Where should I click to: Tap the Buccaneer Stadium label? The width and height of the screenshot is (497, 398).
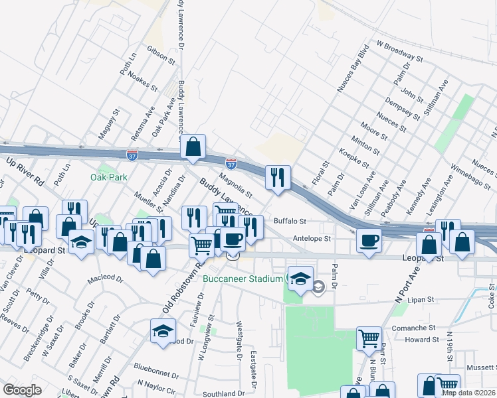pyautogui.click(x=243, y=279)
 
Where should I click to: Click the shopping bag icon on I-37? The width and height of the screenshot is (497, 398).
pyautogui.click(x=193, y=147)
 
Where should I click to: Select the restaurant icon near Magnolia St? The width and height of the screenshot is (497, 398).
pyautogui.click(x=277, y=177)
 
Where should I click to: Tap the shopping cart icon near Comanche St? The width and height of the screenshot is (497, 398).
pyautogui.click(x=369, y=338)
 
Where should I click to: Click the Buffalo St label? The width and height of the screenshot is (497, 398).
pyautogui.click(x=289, y=222)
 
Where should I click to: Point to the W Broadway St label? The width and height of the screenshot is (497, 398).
pyautogui.click(x=399, y=51)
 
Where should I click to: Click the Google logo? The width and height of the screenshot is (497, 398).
pyautogui.click(x=22, y=390)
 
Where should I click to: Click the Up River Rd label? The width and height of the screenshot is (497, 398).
pyautogui.click(x=25, y=170)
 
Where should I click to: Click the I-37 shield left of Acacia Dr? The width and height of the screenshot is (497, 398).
pyautogui.click(x=132, y=155)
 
